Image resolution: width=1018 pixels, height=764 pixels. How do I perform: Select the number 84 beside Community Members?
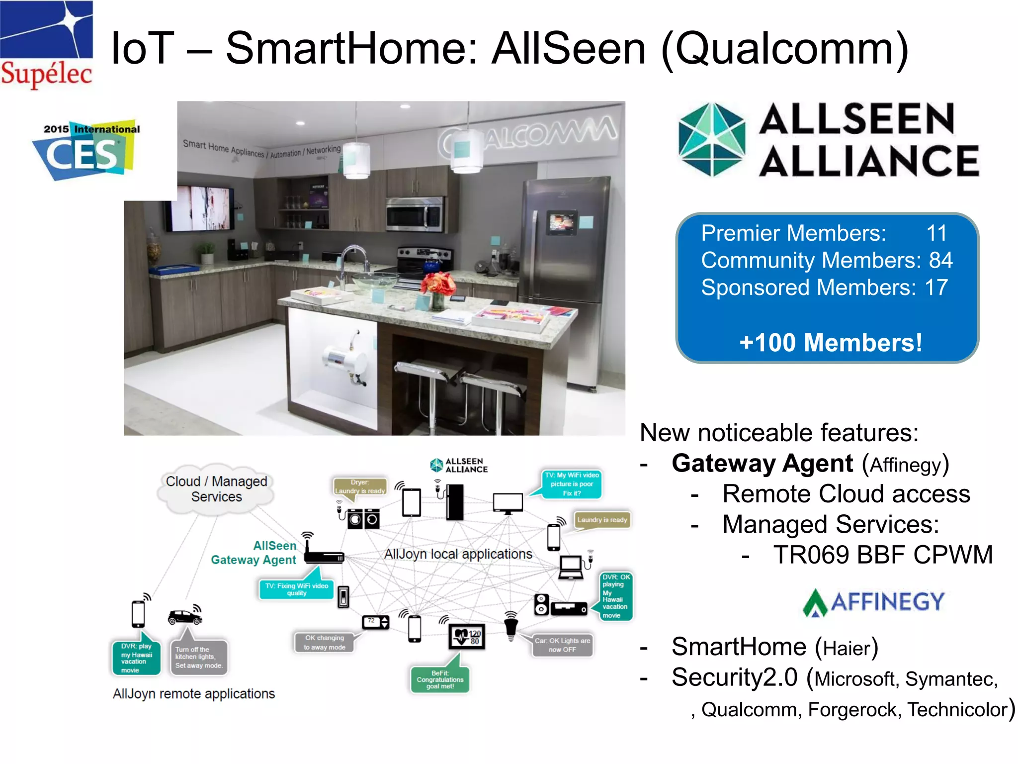[940, 260]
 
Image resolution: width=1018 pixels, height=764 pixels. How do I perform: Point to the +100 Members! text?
[830, 343]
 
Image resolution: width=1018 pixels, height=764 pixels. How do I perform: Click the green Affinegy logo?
[873, 602]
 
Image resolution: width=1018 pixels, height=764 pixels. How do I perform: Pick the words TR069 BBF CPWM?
[883, 555]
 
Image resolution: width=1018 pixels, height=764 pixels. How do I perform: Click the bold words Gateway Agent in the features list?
[762, 464]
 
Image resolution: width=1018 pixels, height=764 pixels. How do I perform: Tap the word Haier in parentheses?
[847, 648]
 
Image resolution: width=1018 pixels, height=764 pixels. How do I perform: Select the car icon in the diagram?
[184, 617]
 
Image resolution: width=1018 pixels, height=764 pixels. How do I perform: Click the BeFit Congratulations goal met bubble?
[440, 679]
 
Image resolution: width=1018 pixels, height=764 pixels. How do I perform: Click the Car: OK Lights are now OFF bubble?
[562, 645]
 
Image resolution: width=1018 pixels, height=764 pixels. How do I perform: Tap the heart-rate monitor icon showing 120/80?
[467, 636]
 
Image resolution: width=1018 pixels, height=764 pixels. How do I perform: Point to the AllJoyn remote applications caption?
[194, 694]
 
